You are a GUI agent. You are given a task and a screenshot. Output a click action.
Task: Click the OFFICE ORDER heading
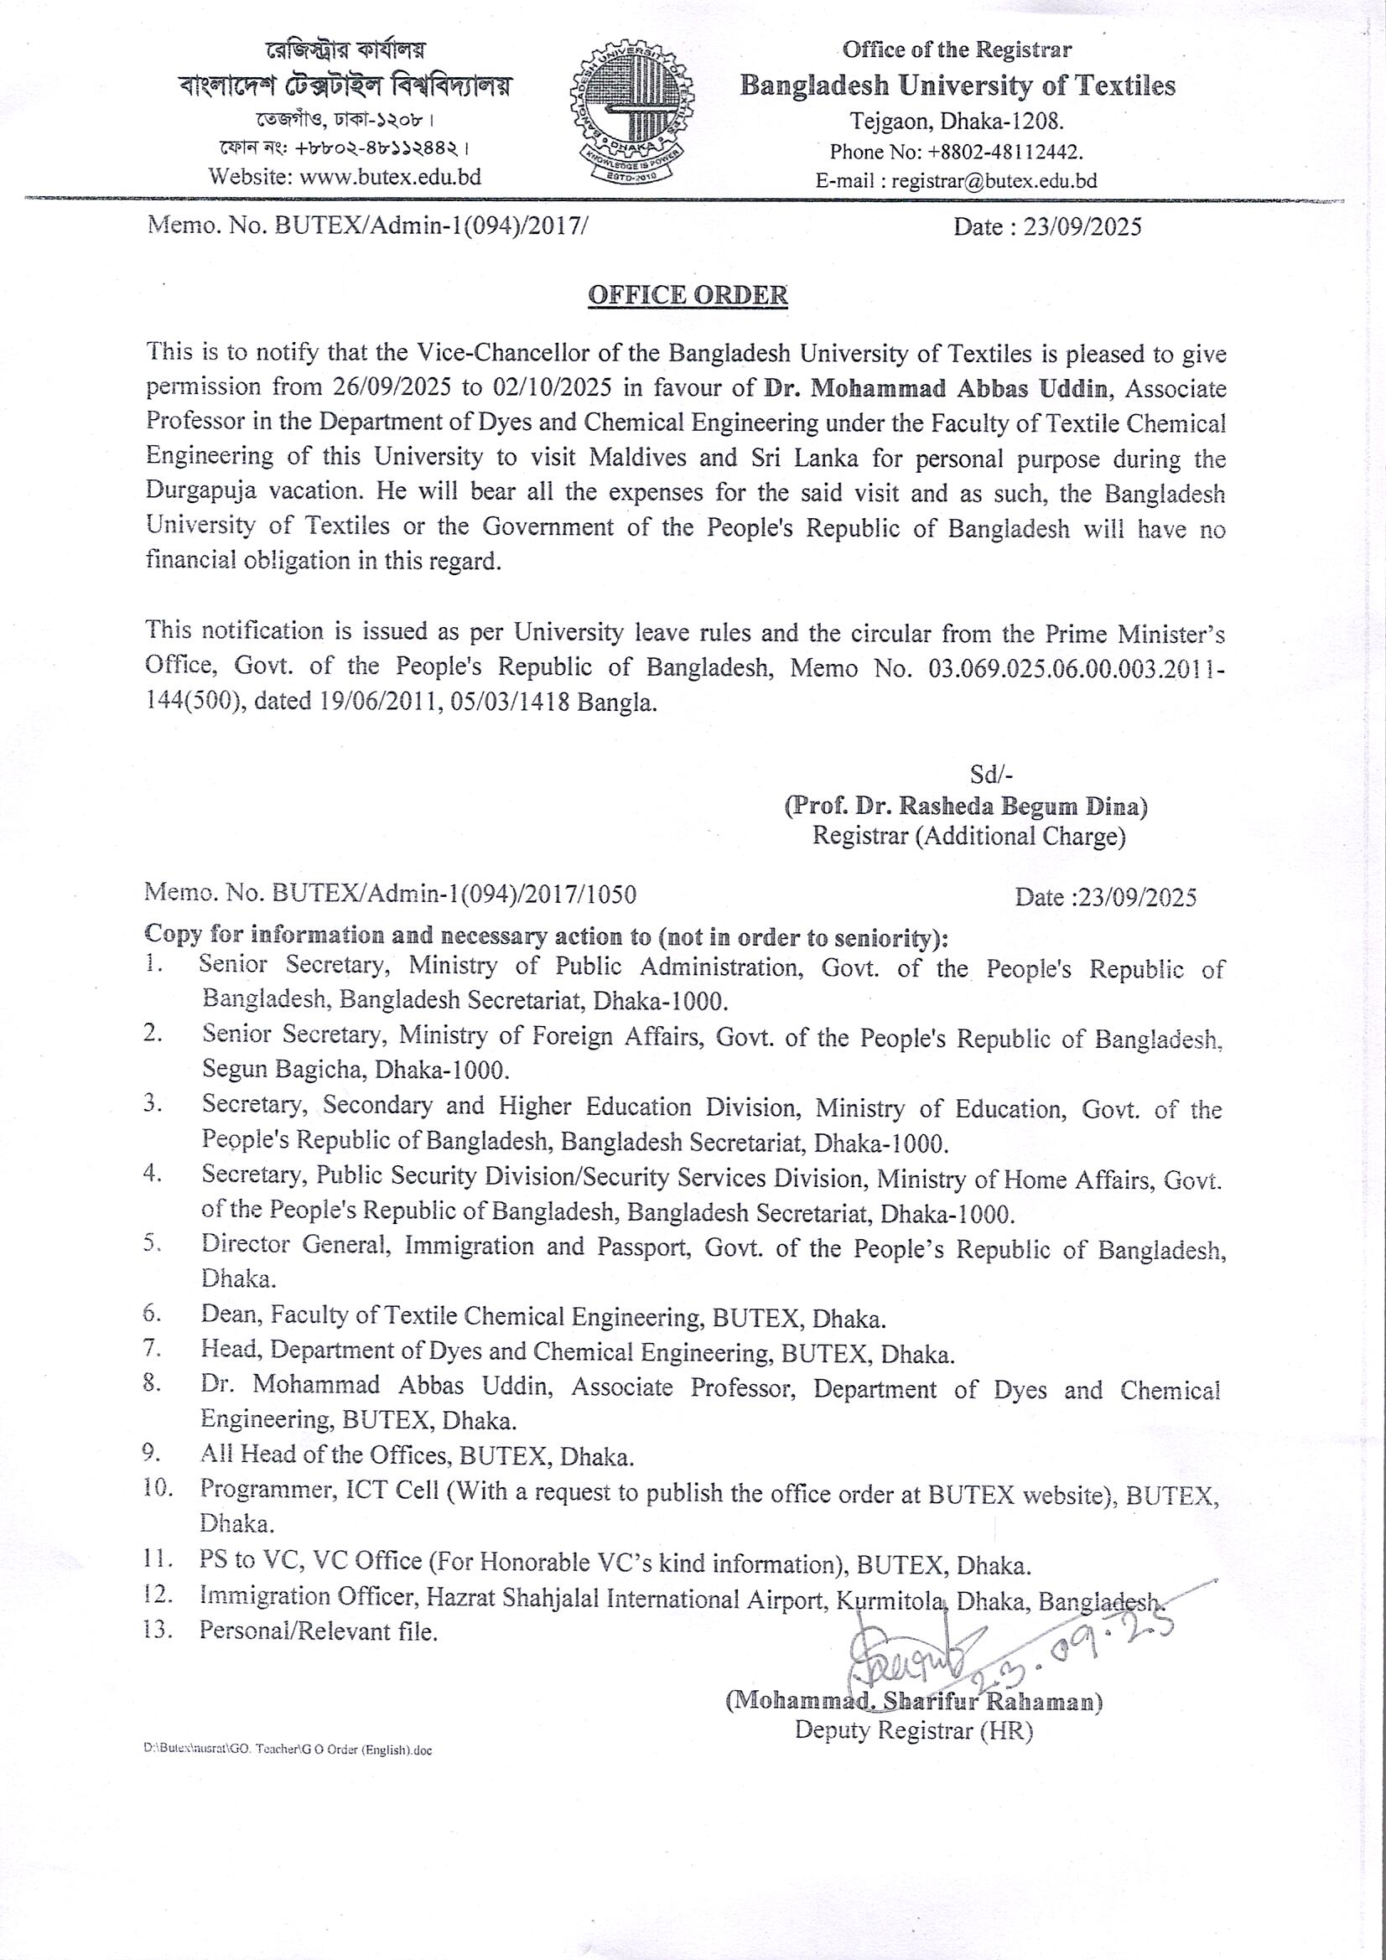(688, 295)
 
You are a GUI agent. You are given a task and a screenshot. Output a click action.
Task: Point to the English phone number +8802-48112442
(1004, 152)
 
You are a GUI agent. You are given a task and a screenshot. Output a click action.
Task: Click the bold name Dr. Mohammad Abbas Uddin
(938, 387)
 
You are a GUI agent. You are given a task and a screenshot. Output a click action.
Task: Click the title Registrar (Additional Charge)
(968, 837)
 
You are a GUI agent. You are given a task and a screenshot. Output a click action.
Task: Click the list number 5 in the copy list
(153, 1244)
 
